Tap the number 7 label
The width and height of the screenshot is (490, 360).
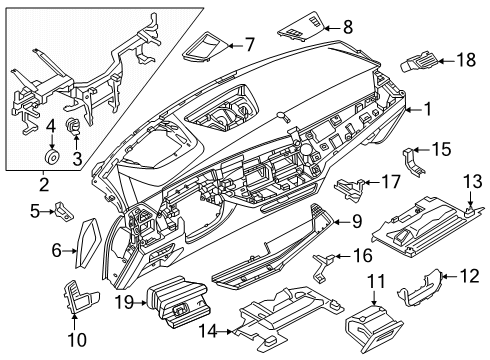tap(250, 44)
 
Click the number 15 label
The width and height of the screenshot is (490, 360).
tap(441, 150)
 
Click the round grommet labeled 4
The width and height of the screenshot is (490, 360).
tap(50, 157)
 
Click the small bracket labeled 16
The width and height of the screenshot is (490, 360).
tap(325, 262)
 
